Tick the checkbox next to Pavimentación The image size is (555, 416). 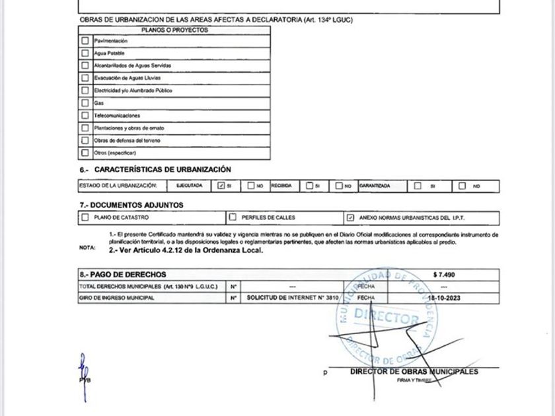tap(85, 41)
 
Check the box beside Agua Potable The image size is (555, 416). tap(85, 53)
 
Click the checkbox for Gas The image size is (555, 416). tap(85, 103)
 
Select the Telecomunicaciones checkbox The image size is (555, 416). tap(85, 116)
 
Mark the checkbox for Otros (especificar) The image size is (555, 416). tap(85, 153)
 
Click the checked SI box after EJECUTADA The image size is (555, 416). tap(221, 186)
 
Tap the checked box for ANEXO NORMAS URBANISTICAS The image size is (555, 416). tap(350, 217)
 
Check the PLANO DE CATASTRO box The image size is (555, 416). tap(85, 217)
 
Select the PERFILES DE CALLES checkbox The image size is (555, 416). tap(233, 217)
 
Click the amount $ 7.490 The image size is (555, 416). tap(443, 274)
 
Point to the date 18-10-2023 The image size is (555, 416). tap(443, 298)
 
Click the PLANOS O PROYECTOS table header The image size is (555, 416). tap(174, 30)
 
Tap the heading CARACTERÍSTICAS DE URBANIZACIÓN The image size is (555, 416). tap(158, 170)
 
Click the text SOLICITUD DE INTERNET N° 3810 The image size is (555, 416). tap(293, 298)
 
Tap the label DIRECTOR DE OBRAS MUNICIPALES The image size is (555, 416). tap(414, 372)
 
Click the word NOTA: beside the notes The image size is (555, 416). tap(87, 248)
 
